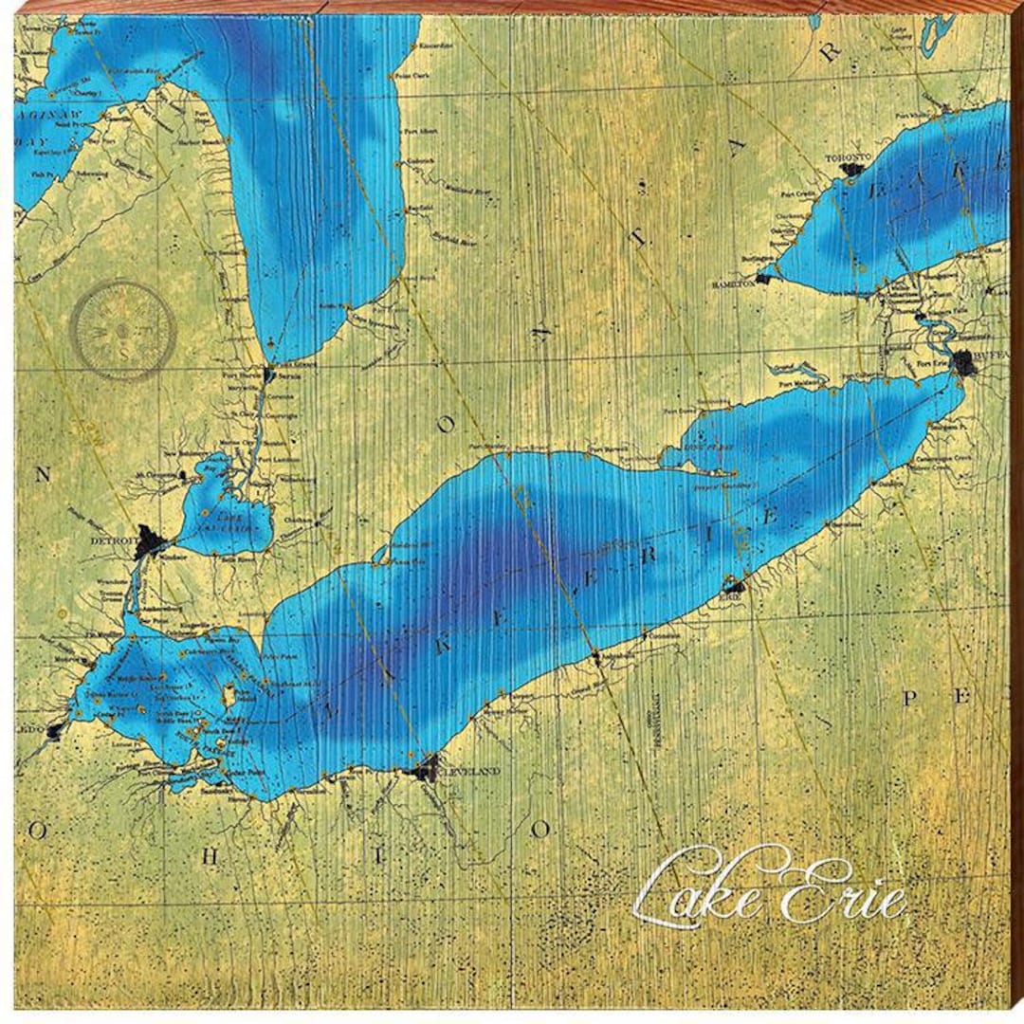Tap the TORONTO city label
pyautogui.click(x=847, y=155)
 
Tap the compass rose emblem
pyautogui.click(x=123, y=329)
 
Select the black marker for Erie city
pyautogui.click(x=731, y=585)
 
